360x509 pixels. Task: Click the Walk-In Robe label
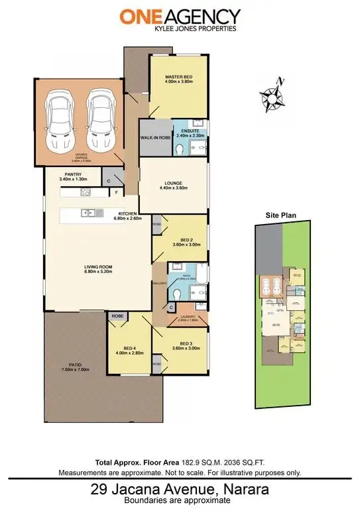tap(154, 137)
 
